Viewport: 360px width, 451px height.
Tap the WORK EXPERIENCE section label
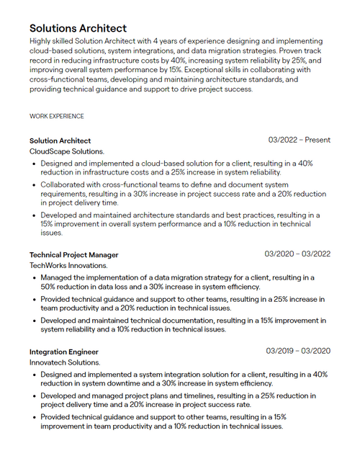click(x=56, y=116)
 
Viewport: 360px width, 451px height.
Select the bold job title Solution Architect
click(x=60, y=140)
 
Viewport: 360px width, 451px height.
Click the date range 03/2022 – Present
click(x=300, y=140)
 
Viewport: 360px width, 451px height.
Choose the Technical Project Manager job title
click(x=73, y=254)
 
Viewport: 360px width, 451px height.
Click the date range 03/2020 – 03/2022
click(x=297, y=254)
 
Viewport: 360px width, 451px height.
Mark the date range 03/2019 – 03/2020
click(x=298, y=351)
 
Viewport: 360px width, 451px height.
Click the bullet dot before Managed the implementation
click(x=34, y=277)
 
